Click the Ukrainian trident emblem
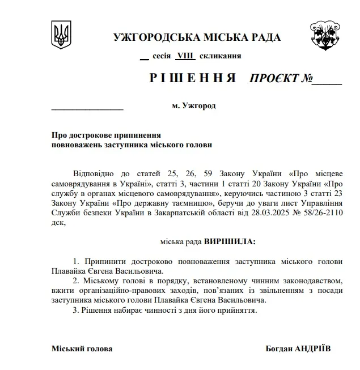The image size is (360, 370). pos(61,35)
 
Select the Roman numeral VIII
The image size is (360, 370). pos(184,56)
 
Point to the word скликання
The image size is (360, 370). pos(220,56)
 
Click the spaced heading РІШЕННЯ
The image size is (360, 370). pos(193,78)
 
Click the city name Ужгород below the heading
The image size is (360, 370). pos(198,106)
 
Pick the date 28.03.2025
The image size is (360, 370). pos(272,212)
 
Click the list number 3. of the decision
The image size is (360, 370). pos(77,311)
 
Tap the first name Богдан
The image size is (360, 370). pos(280,348)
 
